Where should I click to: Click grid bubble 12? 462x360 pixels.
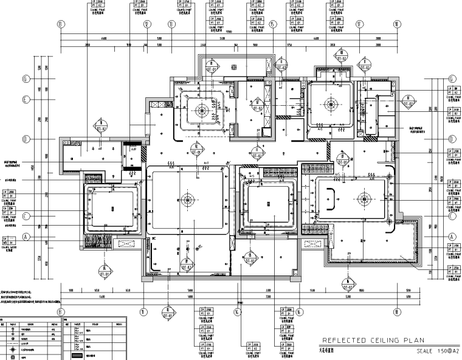pyautogui.click(x=147, y=24)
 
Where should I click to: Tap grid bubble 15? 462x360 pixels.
pyautogui.click(x=273, y=24)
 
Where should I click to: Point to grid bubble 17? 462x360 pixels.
pyautogui.click(x=359, y=24)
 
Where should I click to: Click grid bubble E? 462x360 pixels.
pyautogui.click(x=26, y=101)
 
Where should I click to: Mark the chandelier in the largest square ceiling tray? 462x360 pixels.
pyautogui.click(x=188, y=198)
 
